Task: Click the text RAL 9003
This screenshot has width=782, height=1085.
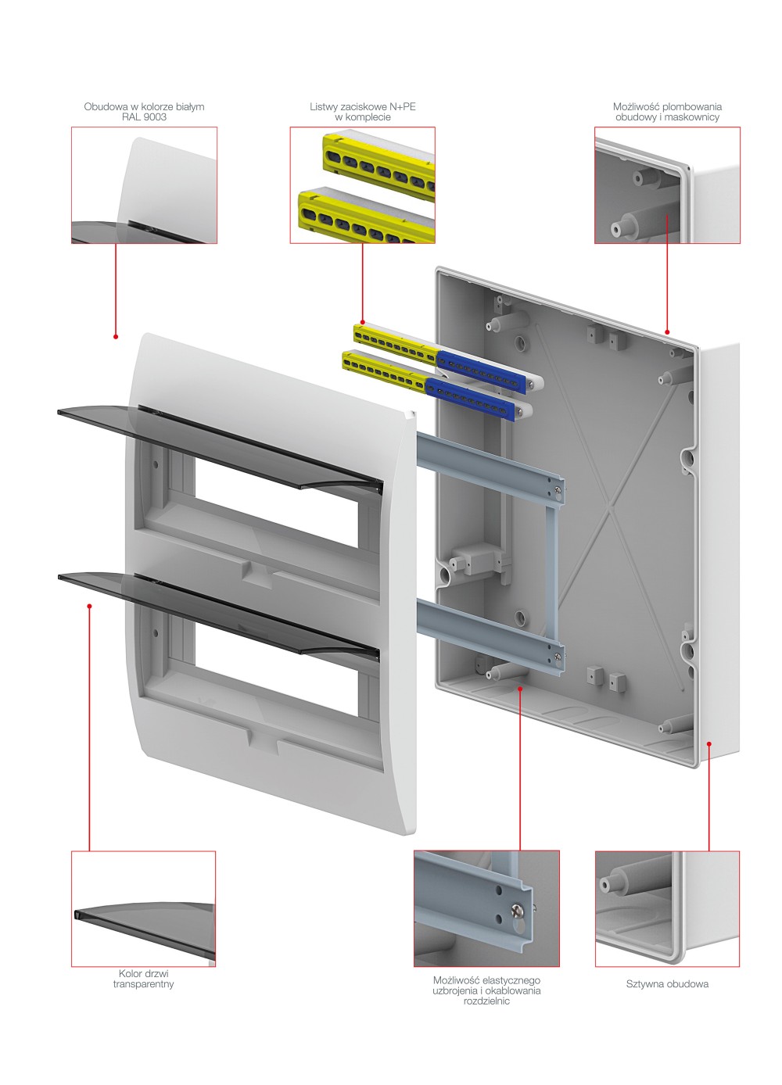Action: (x=144, y=117)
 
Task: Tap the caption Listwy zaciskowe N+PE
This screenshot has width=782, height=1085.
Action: (x=362, y=106)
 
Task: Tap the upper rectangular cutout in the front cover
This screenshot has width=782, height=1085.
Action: (x=277, y=503)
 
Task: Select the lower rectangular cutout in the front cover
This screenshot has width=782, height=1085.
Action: (x=277, y=670)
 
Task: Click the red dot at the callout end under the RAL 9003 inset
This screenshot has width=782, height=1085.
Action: (x=116, y=336)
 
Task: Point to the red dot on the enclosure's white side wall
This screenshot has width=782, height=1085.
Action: (x=708, y=743)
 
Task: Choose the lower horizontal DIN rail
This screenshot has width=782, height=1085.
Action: (x=490, y=635)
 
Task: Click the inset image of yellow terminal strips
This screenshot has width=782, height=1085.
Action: (x=362, y=185)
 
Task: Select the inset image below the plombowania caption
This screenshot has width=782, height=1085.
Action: (x=667, y=185)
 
